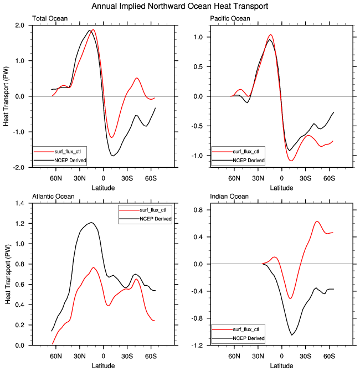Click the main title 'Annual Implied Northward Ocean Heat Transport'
[x=180, y=6]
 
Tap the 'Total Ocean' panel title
[x=50, y=18]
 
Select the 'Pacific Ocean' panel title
[x=230, y=18]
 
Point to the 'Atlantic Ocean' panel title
[x=53, y=197]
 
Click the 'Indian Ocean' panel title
[x=229, y=197]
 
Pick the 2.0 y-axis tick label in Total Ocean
[x=19, y=25]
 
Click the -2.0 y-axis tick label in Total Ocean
[x=18, y=168]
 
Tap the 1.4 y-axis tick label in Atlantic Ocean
[x=19, y=203]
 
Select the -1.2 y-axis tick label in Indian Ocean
[x=197, y=346]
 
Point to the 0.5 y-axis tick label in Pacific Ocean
[x=198, y=66]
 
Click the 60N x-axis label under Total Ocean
[x=56, y=178]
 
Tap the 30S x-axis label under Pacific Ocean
[x=305, y=178]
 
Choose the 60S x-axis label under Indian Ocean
[x=329, y=356]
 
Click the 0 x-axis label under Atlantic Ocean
[x=103, y=356]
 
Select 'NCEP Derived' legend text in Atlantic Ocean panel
[x=156, y=219]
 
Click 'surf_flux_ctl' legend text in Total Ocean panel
[x=68, y=151]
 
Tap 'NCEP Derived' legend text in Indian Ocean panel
[x=249, y=338]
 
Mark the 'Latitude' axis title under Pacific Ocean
[x=282, y=188]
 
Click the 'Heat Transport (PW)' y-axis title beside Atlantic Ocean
[x=8, y=274]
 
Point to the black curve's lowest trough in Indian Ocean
[x=291, y=335]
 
